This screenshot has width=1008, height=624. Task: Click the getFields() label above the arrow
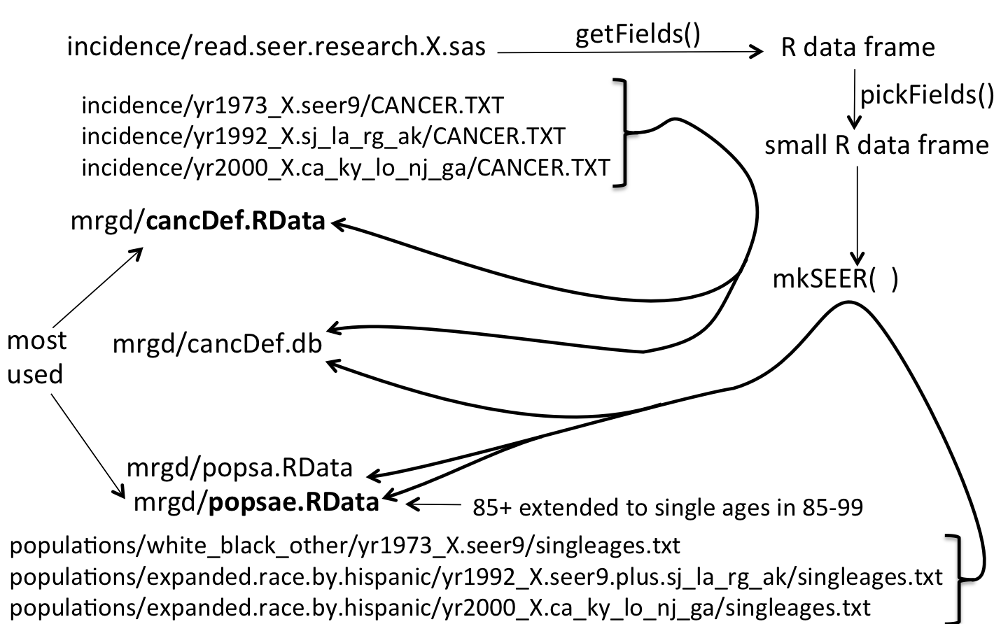(x=637, y=33)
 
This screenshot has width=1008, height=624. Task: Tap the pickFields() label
(x=927, y=94)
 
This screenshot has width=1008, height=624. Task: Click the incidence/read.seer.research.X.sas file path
(x=276, y=47)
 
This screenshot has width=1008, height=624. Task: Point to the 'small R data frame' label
(x=876, y=145)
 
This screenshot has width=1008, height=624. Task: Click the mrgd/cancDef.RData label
(x=198, y=221)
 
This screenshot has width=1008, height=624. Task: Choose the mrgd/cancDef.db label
(x=217, y=343)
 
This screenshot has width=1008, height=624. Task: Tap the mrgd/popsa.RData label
(x=239, y=467)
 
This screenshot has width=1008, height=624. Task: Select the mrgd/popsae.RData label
(x=255, y=501)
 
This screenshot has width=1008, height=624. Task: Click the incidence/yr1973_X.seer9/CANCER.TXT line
(x=292, y=105)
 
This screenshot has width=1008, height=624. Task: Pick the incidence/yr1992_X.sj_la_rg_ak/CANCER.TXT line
(x=323, y=136)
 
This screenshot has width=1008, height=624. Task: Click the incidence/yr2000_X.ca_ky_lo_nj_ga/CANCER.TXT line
(x=345, y=168)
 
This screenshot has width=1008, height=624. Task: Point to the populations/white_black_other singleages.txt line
(x=344, y=545)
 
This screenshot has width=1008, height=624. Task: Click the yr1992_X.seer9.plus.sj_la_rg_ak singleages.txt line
(x=476, y=577)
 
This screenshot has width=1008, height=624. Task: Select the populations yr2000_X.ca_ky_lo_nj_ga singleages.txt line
(x=440, y=608)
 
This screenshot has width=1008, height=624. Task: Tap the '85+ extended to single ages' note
(x=667, y=506)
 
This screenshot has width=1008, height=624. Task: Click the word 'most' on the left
(x=36, y=341)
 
